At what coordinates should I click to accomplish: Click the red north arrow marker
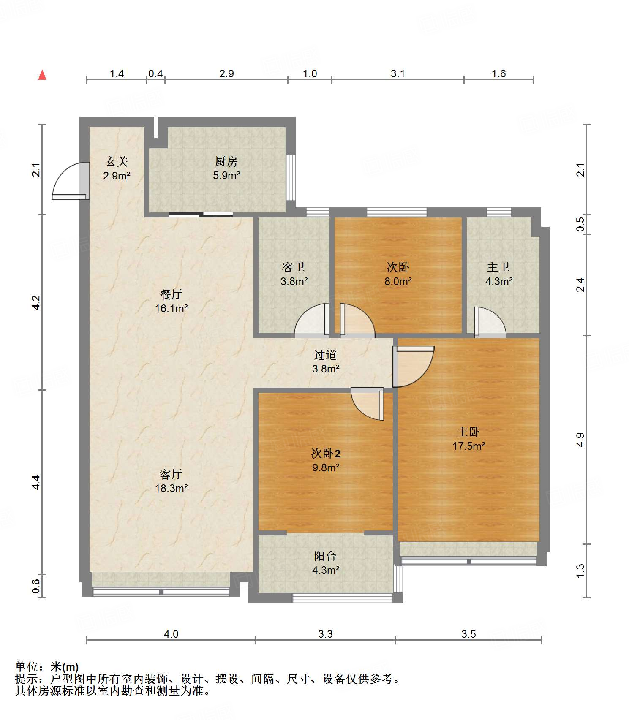pyautogui.click(x=42, y=75)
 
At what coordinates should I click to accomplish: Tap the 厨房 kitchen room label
pyautogui.click(x=226, y=161)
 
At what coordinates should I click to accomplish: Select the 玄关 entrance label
pyautogui.click(x=117, y=161)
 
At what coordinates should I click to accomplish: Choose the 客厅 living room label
pyautogui.click(x=171, y=474)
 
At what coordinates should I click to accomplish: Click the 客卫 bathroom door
pyautogui.click(x=312, y=321)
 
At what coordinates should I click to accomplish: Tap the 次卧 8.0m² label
pyautogui.click(x=398, y=274)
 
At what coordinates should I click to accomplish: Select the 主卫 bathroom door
pyautogui.click(x=490, y=322)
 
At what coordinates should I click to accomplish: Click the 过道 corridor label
pyautogui.click(x=325, y=355)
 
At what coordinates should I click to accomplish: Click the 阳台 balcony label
pyautogui.click(x=325, y=556)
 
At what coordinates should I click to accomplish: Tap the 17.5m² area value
pyautogui.click(x=469, y=446)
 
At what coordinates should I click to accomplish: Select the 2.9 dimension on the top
pyautogui.click(x=226, y=73)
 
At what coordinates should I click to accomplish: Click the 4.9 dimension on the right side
pyautogui.click(x=581, y=440)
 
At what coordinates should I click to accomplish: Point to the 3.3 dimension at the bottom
pyautogui.click(x=325, y=634)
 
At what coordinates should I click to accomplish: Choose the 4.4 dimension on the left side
pyautogui.click(x=36, y=482)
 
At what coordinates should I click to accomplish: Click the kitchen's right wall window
pyautogui.click(x=291, y=177)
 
